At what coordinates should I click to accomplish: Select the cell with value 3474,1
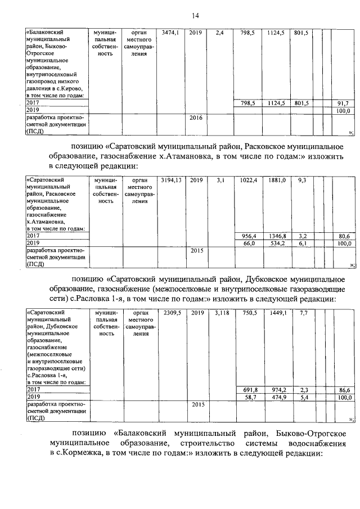170,33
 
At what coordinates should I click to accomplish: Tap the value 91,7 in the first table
343,103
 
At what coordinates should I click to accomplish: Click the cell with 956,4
249,236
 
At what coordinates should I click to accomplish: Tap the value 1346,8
277,236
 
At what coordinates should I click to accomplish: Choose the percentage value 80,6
343,236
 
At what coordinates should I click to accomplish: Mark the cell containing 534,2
277,244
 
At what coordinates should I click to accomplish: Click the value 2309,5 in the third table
171,313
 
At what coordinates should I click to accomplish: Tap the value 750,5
249,313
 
